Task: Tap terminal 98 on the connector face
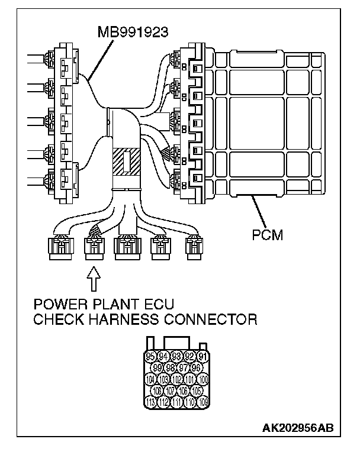[x=170, y=368]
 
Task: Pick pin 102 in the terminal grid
[x=176, y=379]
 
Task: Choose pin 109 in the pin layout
[x=202, y=402]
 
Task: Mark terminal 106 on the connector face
[x=183, y=390]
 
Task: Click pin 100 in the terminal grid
[x=202, y=379]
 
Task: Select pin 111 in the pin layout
[x=176, y=402]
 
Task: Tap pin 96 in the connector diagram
[x=196, y=368]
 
